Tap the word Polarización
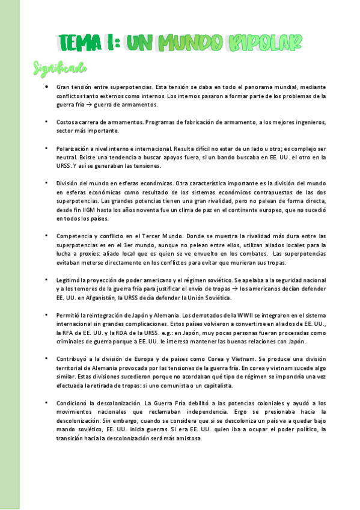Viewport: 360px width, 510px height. tap(73, 148)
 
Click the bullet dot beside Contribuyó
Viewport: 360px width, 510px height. tap(47, 358)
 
